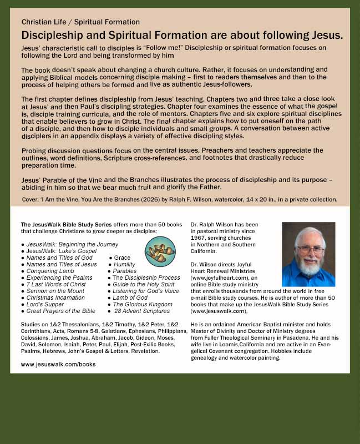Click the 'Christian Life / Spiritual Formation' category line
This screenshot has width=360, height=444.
80,22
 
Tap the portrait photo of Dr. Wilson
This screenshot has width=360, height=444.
308,254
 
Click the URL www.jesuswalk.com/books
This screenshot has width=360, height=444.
58,364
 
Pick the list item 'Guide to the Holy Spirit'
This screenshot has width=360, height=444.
141,284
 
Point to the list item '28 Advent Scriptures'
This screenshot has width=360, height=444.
141,311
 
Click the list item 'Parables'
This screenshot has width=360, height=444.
124,271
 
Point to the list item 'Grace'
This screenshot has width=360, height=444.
122,258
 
